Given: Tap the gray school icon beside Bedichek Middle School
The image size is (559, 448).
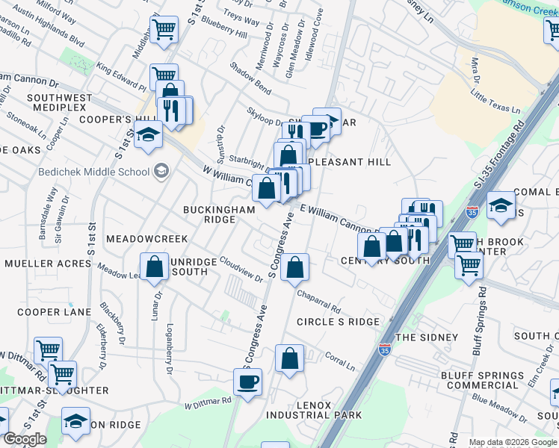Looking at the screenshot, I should (x=161, y=172).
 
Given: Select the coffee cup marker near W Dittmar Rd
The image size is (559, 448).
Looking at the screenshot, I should (x=247, y=382).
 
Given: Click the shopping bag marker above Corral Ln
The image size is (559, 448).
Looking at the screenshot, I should (x=289, y=358).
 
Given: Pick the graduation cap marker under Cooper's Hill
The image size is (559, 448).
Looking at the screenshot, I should (x=149, y=137).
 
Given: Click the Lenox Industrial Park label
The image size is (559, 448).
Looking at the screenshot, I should (x=318, y=409).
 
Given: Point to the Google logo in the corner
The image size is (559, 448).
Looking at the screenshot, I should (x=24, y=439).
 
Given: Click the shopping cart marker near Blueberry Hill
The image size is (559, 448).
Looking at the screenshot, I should (x=164, y=30).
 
